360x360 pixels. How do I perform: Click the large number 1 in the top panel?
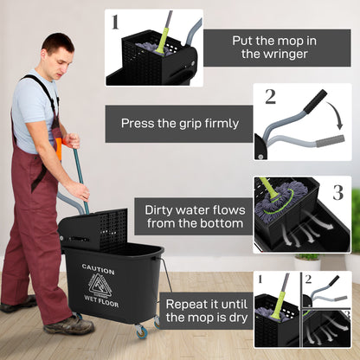pos(115,22)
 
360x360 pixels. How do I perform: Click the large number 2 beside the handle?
pos(269,97)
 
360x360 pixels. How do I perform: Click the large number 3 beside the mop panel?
pos(337,191)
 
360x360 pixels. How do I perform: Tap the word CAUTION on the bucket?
pos(98,269)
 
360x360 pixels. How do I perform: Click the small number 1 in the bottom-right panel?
pos(260,279)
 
